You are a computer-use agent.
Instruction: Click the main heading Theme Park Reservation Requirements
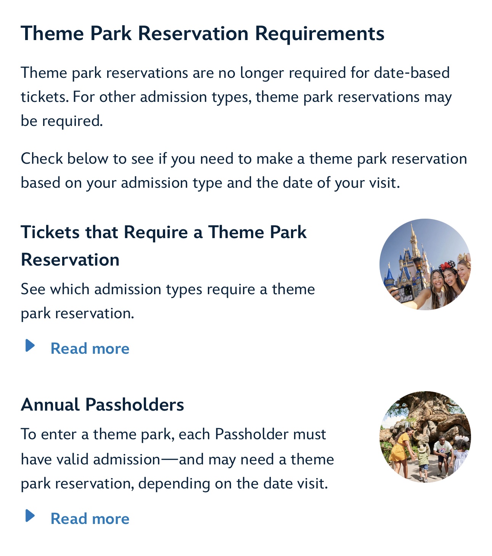pos(203,34)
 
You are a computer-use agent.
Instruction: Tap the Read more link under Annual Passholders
pos(90,518)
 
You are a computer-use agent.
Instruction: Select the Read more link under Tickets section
pos(90,348)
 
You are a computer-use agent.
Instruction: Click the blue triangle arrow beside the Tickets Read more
pos(30,345)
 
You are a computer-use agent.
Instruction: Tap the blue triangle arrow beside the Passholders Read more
pos(30,516)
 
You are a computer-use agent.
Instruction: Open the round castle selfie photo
pos(425,264)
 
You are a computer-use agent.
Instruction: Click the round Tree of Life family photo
pos(425,437)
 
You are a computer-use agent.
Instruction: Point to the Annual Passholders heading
pos(102,405)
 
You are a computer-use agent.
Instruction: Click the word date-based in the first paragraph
pos(412,73)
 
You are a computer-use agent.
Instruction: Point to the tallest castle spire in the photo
pos(413,236)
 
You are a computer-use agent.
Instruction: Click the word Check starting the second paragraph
pos(42,159)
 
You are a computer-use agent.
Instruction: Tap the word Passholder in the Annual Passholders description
pos(251,434)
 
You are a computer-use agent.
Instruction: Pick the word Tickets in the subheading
pos(50,232)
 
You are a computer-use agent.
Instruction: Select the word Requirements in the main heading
pos(320,34)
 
